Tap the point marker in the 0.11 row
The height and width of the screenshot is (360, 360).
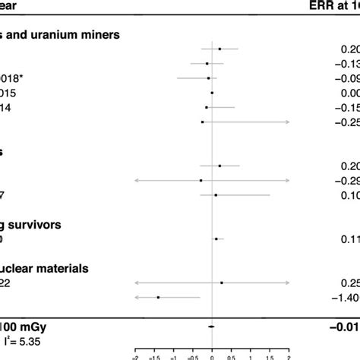(216, 238)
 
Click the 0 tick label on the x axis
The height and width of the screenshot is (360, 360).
(212, 355)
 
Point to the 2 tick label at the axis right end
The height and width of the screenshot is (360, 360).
(289, 355)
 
